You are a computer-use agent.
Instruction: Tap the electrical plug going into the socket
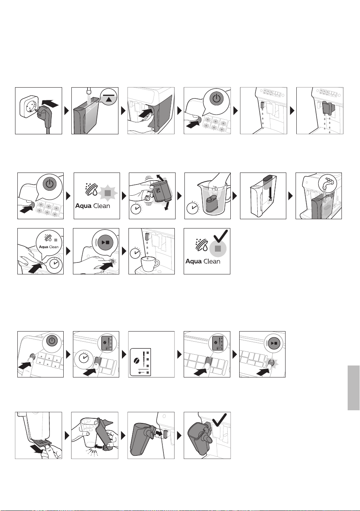coord(42,114)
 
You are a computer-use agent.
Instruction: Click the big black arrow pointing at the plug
coord(51,104)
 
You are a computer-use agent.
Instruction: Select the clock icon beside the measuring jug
coord(193,207)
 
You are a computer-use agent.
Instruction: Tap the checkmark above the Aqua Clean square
coord(220,236)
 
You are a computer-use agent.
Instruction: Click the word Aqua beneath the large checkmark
coord(193,261)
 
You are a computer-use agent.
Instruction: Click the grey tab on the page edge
coord(353,387)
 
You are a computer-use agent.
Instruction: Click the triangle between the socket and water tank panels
coord(67,111)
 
